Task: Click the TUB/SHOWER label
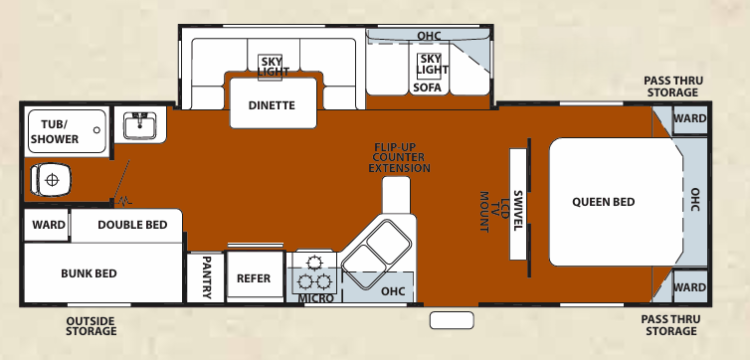click(x=54, y=131)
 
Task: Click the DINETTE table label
click(x=272, y=105)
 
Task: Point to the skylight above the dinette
click(x=272, y=66)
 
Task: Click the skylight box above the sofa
click(x=429, y=65)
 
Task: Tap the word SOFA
click(x=427, y=88)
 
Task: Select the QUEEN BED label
click(x=603, y=202)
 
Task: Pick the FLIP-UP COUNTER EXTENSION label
click(x=400, y=158)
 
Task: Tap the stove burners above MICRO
click(x=315, y=270)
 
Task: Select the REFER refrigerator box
click(x=254, y=278)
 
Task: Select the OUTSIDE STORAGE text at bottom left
click(x=91, y=325)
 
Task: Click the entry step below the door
click(x=452, y=319)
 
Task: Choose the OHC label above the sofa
click(x=429, y=36)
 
